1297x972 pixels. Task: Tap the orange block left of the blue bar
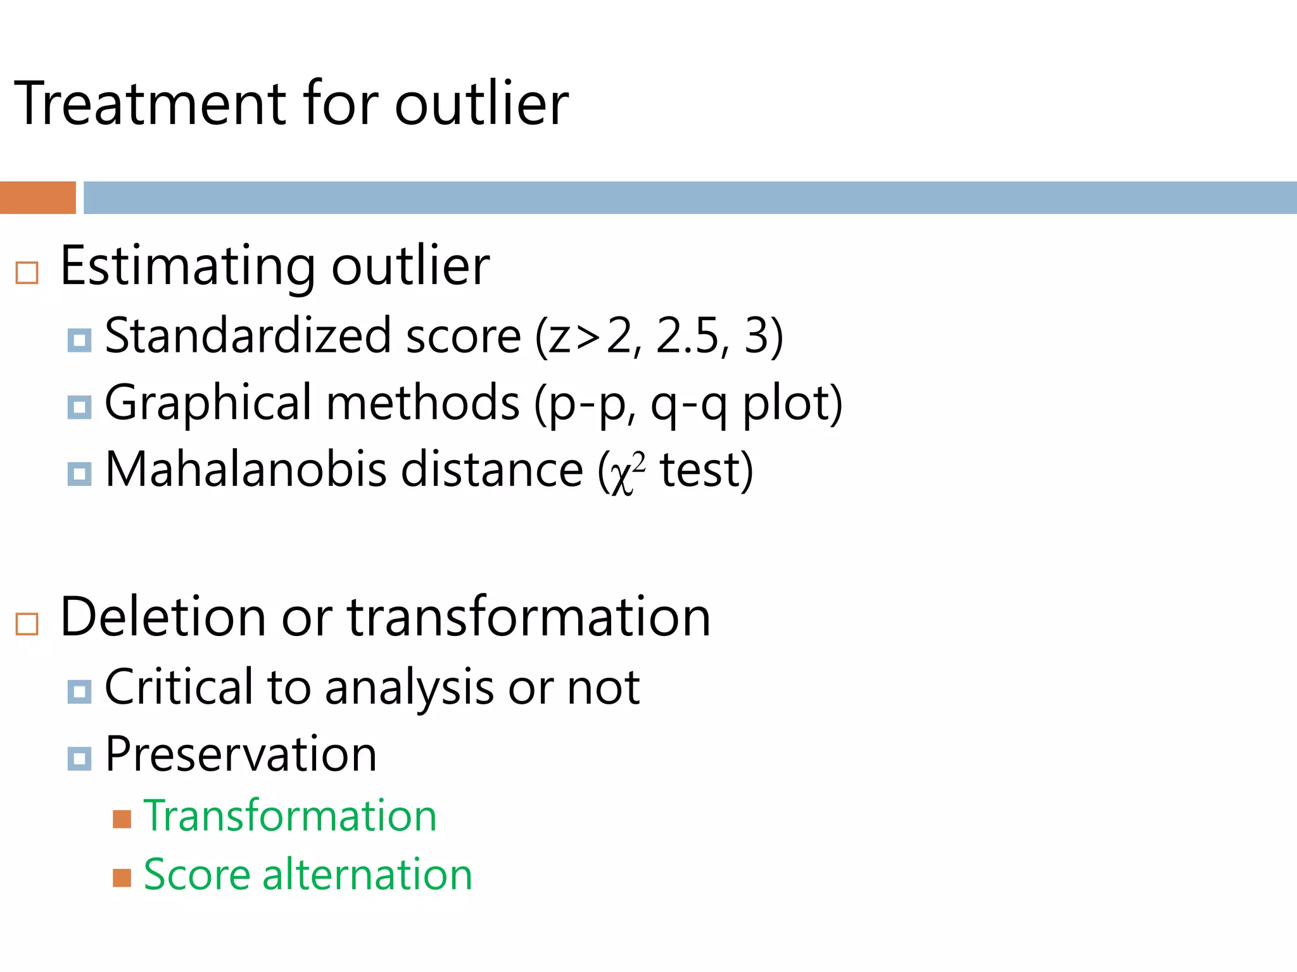point(38,197)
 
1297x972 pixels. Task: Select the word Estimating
point(187,266)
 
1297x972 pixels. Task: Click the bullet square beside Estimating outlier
point(27,273)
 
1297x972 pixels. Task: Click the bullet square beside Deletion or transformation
point(27,624)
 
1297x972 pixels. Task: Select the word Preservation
point(241,754)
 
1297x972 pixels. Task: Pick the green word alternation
point(367,875)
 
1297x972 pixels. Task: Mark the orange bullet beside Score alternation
point(122,878)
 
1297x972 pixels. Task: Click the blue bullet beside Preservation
point(79,757)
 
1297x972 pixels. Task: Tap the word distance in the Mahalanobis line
point(491,470)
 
